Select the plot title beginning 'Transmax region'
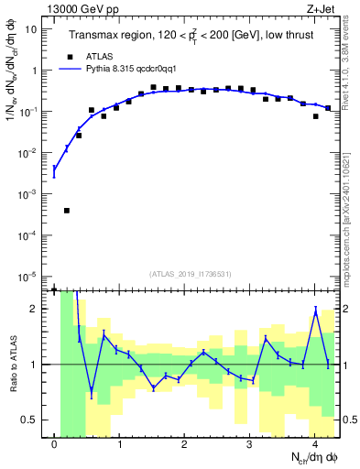(190, 35)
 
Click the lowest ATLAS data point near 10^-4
(67, 211)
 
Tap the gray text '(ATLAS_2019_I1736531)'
(190, 274)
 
